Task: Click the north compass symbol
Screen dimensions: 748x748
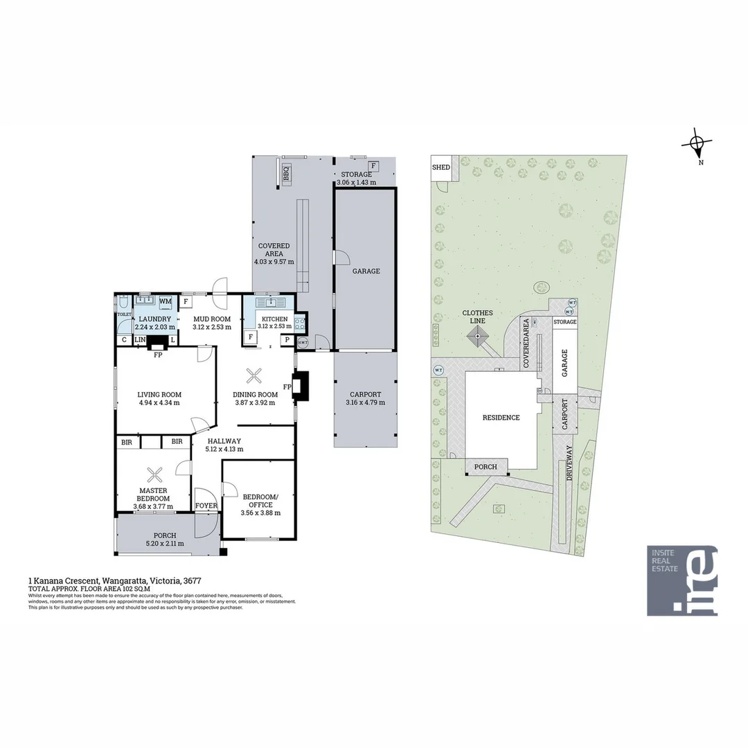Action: [697, 145]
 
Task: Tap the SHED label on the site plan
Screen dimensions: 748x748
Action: [441, 168]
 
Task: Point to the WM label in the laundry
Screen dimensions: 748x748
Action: [166, 301]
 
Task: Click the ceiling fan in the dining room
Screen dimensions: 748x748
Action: [255, 376]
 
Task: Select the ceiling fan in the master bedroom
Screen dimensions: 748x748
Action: [154, 474]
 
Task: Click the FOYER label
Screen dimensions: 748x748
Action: [206, 506]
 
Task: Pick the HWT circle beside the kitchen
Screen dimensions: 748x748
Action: [303, 342]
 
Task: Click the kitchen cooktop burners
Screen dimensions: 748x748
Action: [300, 323]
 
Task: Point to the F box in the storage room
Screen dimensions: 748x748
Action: [373, 166]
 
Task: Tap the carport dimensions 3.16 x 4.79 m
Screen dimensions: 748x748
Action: [365, 402]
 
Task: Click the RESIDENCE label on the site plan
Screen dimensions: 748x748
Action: [501, 418]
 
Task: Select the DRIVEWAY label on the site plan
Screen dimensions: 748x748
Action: [569, 464]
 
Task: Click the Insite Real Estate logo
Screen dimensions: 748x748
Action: [682, 580]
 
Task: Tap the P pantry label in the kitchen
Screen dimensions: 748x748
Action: [285, 339]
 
